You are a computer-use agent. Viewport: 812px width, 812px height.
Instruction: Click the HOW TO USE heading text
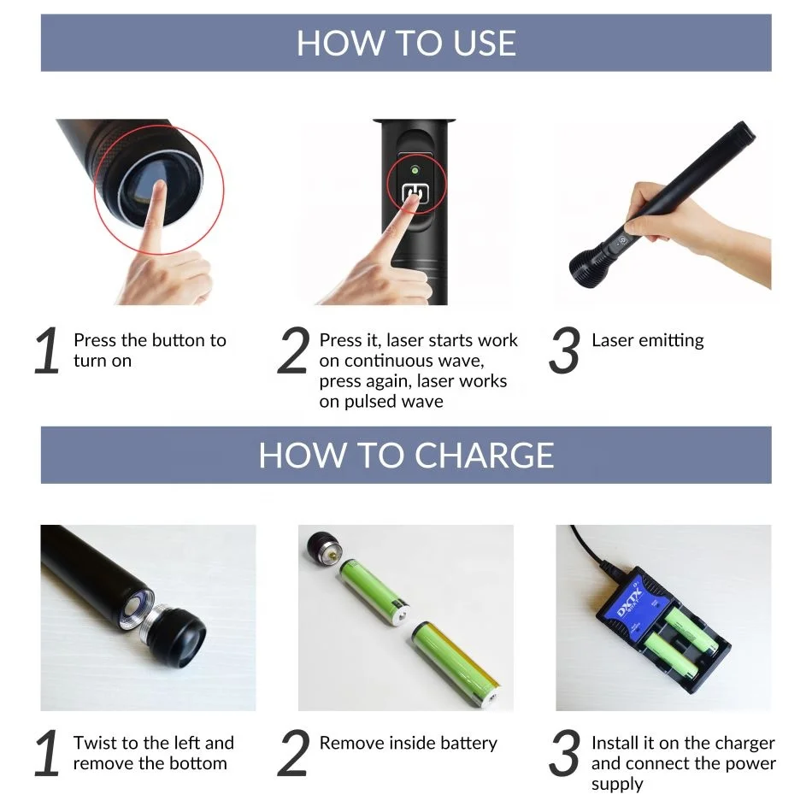click(406, 43)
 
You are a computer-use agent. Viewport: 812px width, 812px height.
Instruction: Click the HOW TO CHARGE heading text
click(406, 455)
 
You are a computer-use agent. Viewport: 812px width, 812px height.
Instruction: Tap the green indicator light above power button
click(414, 169)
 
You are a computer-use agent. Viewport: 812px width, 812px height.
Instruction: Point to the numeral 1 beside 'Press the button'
click(47, 351)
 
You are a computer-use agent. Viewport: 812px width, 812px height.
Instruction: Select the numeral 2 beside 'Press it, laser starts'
click(293, 351)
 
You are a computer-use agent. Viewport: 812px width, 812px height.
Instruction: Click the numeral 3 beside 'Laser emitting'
click(564, 351)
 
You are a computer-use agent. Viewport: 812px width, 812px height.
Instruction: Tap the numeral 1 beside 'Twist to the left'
click(47, 754)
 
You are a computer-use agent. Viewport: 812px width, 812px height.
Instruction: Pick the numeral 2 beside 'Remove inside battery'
click(293, 754)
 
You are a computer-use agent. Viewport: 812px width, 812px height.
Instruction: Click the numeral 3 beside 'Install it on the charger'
click(564, 754)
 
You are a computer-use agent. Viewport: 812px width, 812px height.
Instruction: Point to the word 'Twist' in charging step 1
click(96, 743)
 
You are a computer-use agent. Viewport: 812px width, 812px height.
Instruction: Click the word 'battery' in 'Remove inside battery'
click(468, 743)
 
